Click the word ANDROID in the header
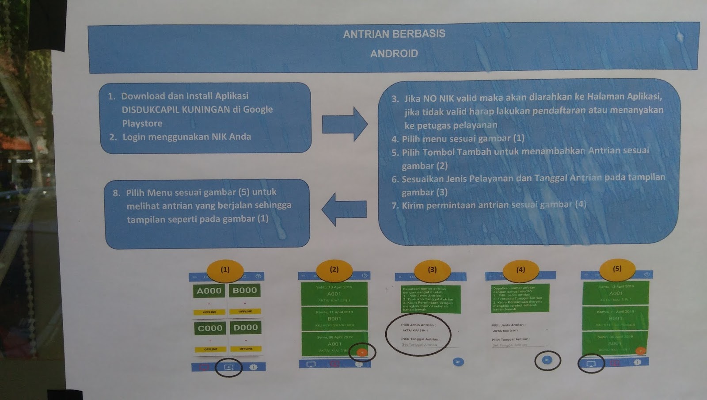394,53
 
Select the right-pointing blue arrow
345,124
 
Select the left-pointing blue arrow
344,209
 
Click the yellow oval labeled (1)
225,270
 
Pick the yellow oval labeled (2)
334,270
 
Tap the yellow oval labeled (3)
432,270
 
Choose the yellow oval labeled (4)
521,270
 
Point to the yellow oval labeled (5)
617,269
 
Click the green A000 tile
209,291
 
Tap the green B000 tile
245,290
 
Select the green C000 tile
210,328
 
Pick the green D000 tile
246,328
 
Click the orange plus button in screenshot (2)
362,352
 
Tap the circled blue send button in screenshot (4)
547,360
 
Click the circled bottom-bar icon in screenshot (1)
228,367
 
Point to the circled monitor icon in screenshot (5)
591,364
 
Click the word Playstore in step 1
142,123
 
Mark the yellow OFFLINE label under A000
209,312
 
